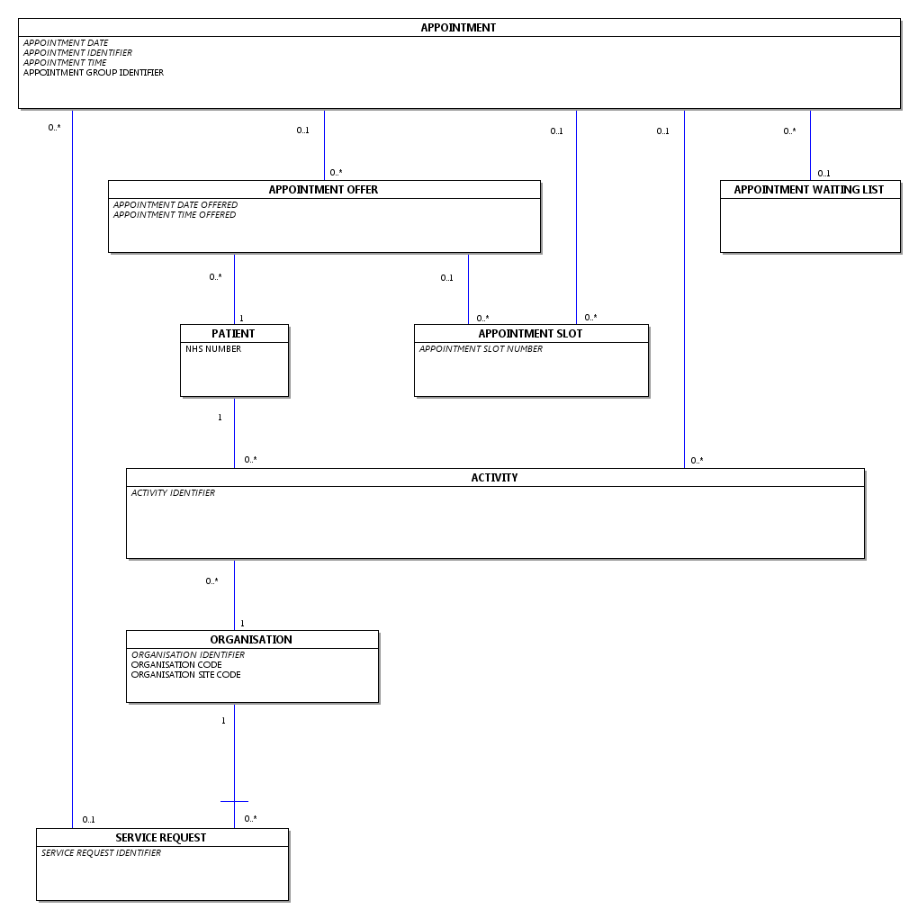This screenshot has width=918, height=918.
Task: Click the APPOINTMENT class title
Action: (x=458, y=28)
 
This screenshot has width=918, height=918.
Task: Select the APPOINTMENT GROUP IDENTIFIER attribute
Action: (x=94, y=73)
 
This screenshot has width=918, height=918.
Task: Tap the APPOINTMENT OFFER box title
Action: (x=323, y=190)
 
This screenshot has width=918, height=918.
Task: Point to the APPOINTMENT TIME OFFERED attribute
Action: (x=175, y=215)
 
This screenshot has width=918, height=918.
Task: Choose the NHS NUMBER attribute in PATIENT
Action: (x=213, y=349)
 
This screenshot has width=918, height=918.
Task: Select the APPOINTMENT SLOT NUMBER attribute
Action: (x=481, y=349)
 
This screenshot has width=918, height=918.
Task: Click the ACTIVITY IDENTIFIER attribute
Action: (x=173, y=493)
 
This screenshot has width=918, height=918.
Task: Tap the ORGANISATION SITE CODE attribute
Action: (x=185, y=675)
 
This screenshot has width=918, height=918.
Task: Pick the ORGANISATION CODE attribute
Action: (x=176, y=665)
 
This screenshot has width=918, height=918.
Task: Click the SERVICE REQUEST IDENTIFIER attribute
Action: (x=101, y=853)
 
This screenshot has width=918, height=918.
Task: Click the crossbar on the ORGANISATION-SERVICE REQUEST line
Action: (x=234, y=801)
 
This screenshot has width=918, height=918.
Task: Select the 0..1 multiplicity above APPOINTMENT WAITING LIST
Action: (x=823, y=174)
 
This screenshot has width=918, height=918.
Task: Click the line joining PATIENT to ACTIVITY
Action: (x=234, y=432)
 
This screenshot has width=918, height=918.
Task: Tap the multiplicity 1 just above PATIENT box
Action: (x=241, y=319)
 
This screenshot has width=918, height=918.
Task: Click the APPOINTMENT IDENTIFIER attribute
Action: (x=77, y=53)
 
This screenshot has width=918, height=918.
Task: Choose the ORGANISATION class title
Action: (x=251, y=640)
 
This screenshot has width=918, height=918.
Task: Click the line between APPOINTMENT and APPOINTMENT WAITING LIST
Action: (x=810, y=144)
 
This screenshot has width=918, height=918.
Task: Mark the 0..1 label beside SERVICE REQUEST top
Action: (x=88, y=820)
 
